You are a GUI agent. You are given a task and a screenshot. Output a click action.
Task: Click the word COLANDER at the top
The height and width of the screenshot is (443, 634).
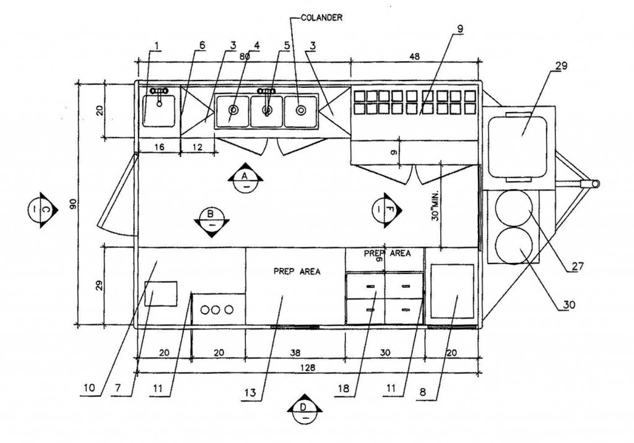tap(322, 18)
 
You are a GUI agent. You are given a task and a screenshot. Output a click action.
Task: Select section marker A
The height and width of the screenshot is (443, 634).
tap(245, 178)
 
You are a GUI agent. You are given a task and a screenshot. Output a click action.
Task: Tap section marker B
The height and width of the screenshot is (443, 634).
tap(212, 222)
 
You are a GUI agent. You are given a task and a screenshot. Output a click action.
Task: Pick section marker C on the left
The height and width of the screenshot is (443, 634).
tap(43, 210)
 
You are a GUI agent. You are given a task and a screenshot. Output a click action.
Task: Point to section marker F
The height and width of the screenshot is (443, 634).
tap(387, 210)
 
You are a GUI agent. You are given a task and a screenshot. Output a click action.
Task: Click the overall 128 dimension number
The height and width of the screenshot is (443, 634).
tap(308, 368)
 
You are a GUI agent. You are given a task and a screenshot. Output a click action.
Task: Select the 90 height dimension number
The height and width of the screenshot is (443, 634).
tap(73, 204)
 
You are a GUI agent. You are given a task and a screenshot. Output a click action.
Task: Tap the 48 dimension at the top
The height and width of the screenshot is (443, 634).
tap(414, 56)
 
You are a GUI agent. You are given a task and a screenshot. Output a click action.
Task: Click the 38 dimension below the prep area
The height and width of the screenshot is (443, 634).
tap(295, 353)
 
